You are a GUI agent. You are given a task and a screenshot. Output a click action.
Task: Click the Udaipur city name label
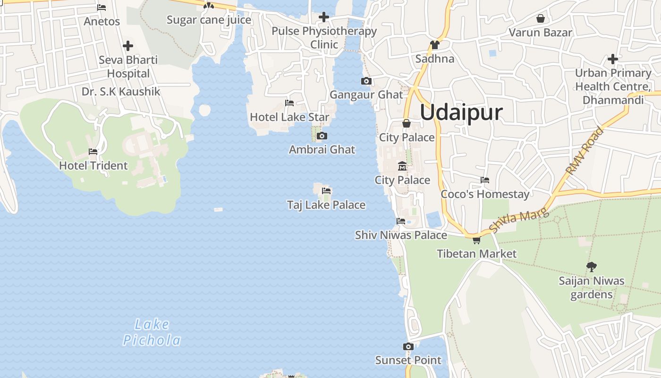point(461,113)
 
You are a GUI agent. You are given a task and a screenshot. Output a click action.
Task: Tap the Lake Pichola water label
point(152,332)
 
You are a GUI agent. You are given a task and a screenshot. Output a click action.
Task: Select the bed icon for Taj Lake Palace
point(326,191)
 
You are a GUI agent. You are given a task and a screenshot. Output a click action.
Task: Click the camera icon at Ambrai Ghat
point(322,136)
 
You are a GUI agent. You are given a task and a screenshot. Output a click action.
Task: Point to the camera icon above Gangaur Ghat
point(366,81)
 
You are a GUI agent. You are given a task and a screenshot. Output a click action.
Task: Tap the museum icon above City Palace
point(402,166)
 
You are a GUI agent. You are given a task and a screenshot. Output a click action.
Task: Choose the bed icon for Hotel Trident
point(93,152)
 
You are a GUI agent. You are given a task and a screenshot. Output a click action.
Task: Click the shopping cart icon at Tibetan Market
point(476,240)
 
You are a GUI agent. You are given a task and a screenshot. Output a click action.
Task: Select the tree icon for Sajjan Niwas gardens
point(591,267)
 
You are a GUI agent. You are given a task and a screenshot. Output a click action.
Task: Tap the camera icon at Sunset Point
point(408,347)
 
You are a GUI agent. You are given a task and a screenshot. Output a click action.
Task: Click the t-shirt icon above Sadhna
point(434,45)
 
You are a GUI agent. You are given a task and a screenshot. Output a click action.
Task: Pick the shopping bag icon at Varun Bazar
point(541,18)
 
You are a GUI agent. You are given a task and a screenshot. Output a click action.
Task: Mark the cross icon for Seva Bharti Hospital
point(128,46)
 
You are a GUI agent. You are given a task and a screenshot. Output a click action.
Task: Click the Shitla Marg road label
point(519,220)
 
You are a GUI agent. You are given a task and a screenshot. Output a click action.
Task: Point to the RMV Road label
point(585,150)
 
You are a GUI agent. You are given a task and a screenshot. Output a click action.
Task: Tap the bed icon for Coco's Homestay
point(484,180)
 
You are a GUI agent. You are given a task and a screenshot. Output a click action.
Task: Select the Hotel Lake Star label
point(289,117)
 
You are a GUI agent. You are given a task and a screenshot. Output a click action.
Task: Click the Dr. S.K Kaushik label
point(121,92)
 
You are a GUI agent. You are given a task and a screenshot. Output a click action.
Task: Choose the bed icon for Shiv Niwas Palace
point(401,221)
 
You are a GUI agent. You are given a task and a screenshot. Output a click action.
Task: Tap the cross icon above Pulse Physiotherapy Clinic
point(323,17)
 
